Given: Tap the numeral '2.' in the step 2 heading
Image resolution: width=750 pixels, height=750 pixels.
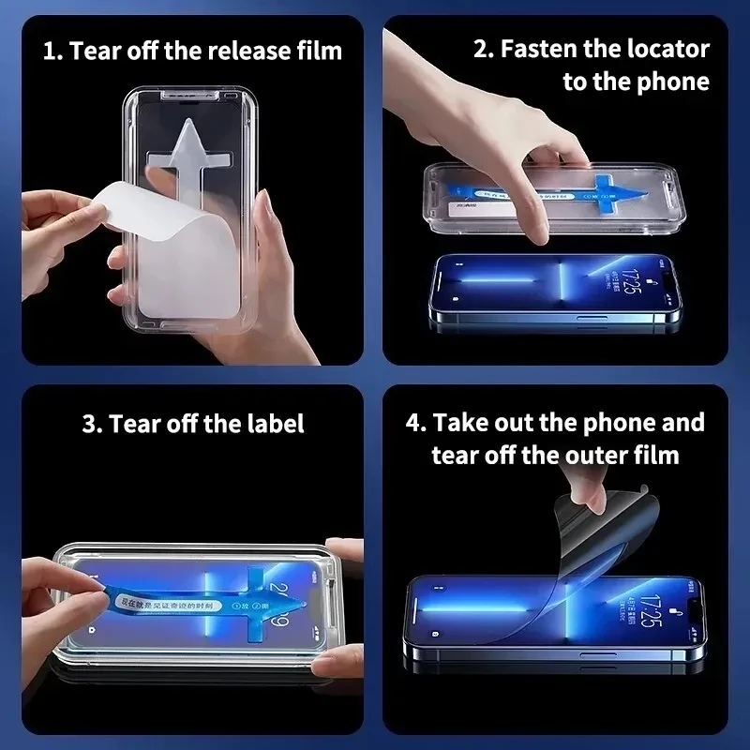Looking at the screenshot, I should (483, 50).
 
